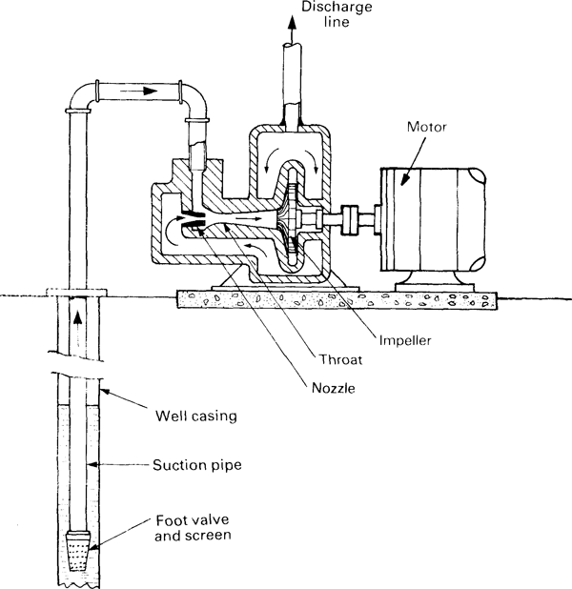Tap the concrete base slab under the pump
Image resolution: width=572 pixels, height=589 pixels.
point(334,297)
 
